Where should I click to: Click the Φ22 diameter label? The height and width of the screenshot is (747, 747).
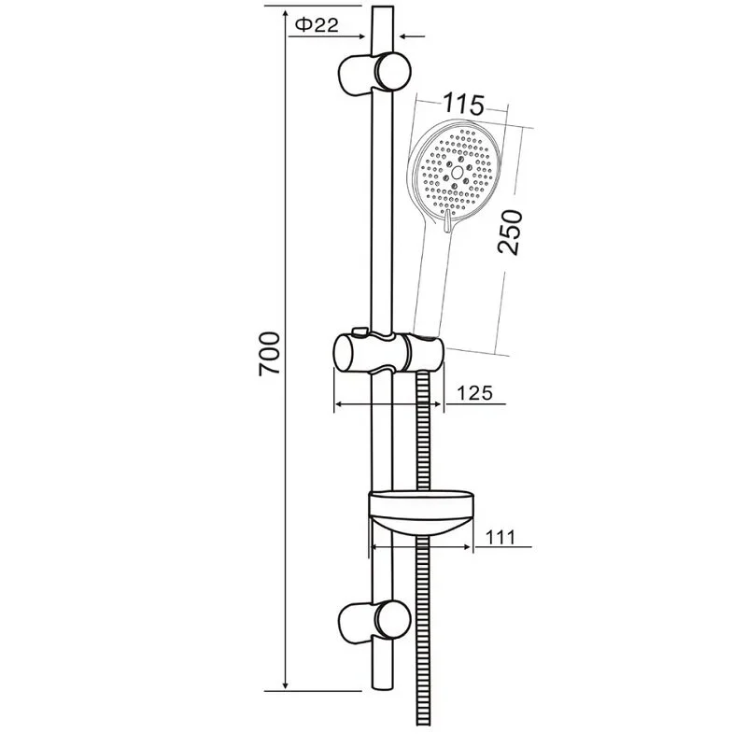point(317,25)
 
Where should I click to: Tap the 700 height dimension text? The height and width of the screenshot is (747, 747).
point(269,355)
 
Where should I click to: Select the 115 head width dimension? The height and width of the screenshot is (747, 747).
point(463,105)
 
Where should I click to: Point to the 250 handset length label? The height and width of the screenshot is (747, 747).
point(510,232)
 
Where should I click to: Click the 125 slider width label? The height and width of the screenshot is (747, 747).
point(474,393)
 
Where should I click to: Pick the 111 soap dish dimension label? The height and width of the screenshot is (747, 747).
point(500,538)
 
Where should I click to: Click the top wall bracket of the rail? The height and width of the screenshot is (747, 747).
point(374,72)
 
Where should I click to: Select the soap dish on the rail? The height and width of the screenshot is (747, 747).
point(421,513)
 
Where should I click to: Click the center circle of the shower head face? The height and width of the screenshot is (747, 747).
point(458,173)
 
